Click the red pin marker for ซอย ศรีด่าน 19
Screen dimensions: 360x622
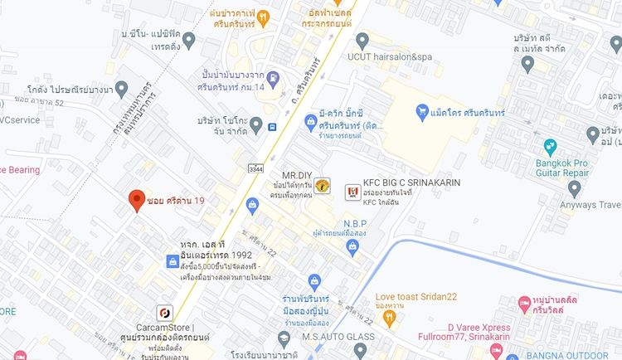(136, 201)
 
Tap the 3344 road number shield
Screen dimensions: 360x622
(255, 169)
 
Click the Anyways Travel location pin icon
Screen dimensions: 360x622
(576, 186)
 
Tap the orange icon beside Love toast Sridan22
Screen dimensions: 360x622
(362, 296)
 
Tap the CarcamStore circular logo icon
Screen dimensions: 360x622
(164, 313)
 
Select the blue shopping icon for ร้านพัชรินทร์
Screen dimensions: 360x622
(313, 282)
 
